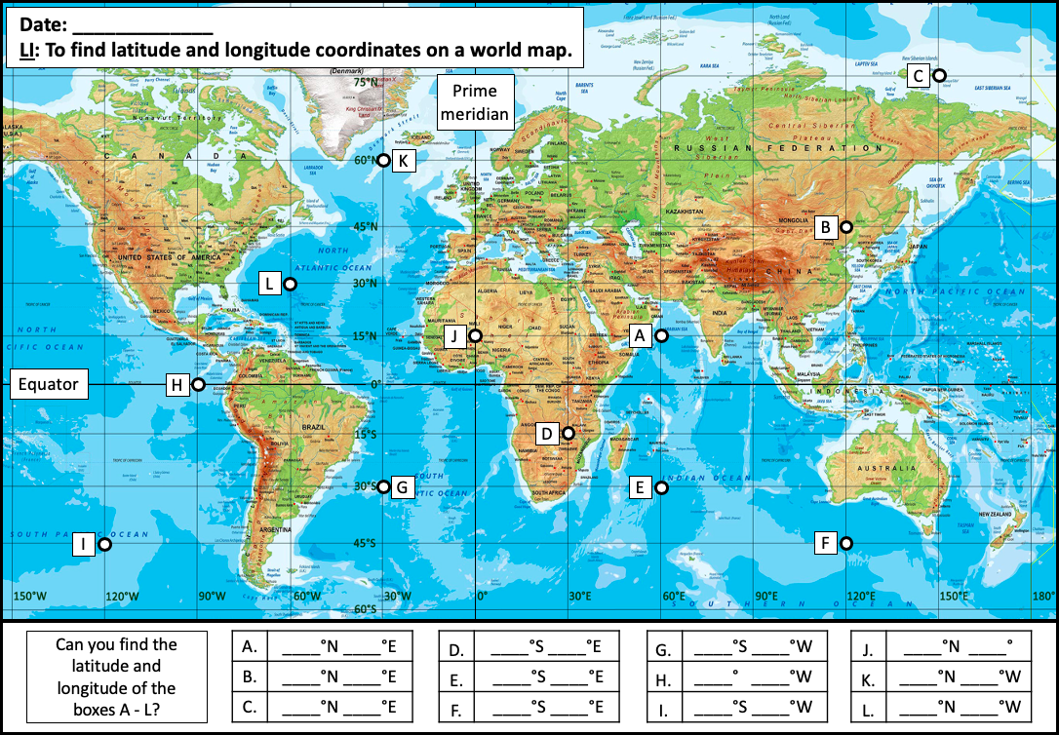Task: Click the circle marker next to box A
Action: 661,336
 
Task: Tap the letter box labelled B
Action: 825,227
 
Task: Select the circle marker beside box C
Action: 939,75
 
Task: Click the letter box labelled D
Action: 547,433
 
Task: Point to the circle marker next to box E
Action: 661,487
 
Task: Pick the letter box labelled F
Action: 826,543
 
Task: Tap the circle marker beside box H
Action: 198,385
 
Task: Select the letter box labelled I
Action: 84,545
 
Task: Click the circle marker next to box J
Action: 475,336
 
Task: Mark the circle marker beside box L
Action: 290,285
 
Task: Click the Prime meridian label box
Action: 475,102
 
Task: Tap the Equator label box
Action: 49,384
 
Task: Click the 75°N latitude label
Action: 365,83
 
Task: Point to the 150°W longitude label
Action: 28,597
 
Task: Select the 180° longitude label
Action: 1042,597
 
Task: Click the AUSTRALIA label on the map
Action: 886,468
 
